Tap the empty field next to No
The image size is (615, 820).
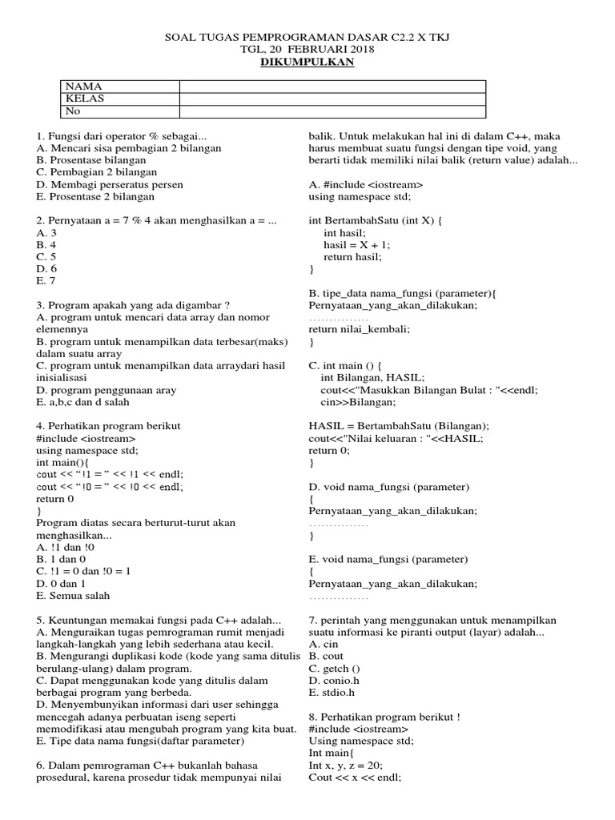pyautogui.click(x=332, y=111)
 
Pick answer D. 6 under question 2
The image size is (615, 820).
pyautogui.click(x=47, y=269)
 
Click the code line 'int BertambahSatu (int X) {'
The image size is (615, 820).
pyautogui.click(x=375, y=220)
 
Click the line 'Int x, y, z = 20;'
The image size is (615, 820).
pyautogui.click(x=346, y=765)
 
